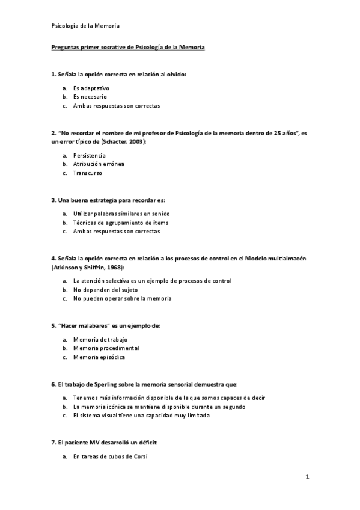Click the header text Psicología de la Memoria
(84, 26)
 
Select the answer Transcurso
(88, 173)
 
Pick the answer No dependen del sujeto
(105, 289)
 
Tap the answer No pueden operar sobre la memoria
(122, 298)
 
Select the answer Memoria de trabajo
(100, 339)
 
